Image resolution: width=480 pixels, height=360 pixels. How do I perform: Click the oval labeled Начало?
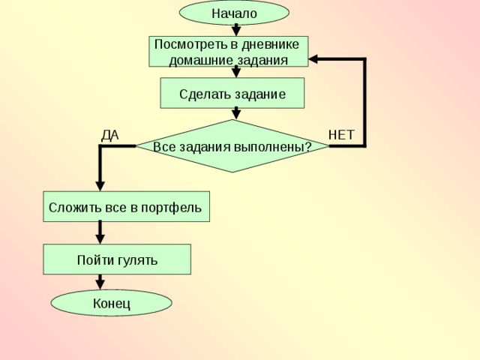coord(234,13)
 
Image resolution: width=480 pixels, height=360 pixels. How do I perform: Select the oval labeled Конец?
coord(111,303)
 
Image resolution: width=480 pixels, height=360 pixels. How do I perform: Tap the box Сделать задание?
coord(232,94)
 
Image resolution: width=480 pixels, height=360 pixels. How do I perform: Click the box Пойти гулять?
coord(117,259)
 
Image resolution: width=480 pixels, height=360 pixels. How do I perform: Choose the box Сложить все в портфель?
coord(126,206)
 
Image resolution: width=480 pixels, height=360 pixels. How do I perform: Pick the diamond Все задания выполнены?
coord(232,146)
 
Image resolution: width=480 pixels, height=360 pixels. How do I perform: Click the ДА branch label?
coord(110,135)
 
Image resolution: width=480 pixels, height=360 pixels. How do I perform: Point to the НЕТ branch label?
coord(341,135)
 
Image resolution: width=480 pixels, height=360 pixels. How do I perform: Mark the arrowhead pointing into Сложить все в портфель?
coord(100,186)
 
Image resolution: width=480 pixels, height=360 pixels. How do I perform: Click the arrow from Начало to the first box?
coord(236,30)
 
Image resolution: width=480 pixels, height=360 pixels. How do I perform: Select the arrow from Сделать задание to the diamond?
coord(236,113)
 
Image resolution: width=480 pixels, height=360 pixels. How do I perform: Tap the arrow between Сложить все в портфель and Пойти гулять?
coord(100,232)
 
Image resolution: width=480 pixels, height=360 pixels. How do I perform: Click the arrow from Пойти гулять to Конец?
coord(100,282)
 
